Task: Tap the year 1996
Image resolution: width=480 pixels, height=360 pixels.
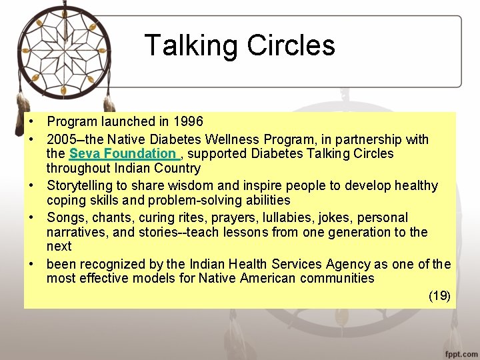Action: pyautogui.click(x=188, y=122)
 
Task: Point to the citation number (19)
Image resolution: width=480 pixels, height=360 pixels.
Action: pyautogui.click(x=439, y=296)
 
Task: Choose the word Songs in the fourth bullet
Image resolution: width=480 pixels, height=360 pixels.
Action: pyautogui.click(x=66, y=217)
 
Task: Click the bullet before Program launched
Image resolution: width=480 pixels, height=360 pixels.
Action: pyautogui.click(x=31, y=122)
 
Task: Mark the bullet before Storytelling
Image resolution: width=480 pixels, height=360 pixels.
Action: pyautogui.click(x=31, y=185)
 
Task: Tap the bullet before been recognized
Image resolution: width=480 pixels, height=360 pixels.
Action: pyautogui.click(x=31, y=264)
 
